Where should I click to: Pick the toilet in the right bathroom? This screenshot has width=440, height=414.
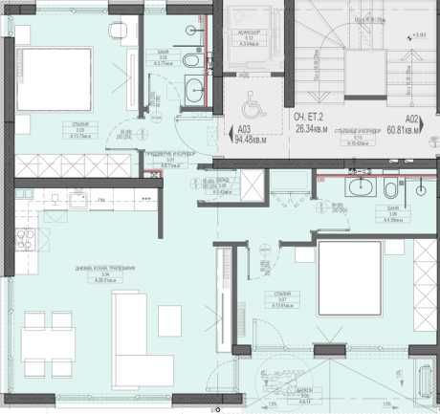(x=395, y=186)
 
